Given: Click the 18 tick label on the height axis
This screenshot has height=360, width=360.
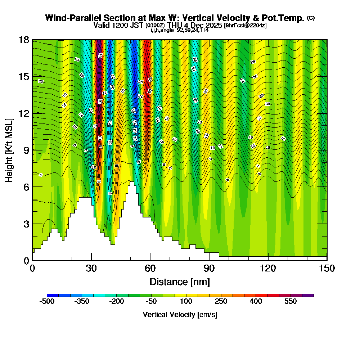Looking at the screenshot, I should click(x=24, y=40).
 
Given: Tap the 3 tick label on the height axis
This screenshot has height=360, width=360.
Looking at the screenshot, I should click(x=26, y=224).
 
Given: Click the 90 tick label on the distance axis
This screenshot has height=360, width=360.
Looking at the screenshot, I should click(x=209, y=269).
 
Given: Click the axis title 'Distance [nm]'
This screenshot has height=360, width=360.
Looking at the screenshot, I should click(x=180, y=281).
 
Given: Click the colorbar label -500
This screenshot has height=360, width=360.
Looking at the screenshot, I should click(x=47, y=301).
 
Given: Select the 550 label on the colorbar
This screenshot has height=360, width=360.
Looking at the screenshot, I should click(x=291, y=301).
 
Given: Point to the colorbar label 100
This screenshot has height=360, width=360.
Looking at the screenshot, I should click(x=186, y=301).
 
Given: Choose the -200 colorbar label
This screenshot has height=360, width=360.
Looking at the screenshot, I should click(x=116, y=301).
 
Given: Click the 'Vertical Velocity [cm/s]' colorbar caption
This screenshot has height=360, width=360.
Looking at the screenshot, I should click(x=180, y=315).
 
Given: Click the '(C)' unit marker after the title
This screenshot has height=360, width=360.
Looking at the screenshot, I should click(x=311, y=18).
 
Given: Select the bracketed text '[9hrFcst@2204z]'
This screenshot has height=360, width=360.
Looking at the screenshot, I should click(x=245, y=26).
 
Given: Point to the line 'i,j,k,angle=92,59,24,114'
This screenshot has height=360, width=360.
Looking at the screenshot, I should click(x=180, y=30).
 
